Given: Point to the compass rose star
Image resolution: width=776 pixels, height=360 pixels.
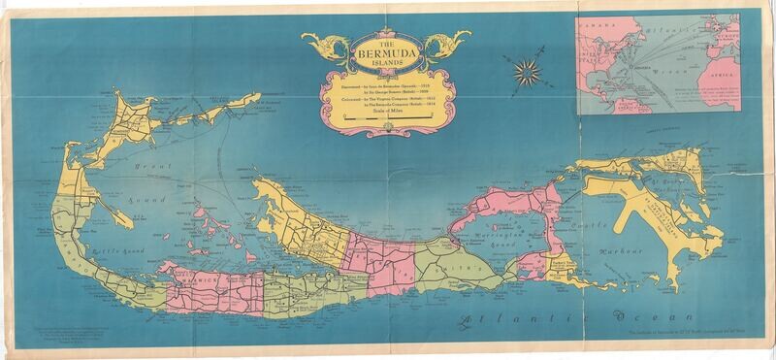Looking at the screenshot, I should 528,69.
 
